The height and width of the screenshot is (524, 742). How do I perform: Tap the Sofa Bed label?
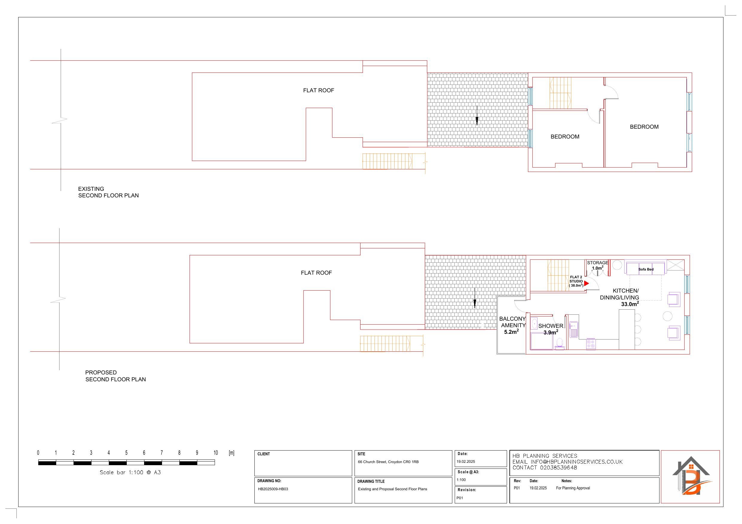point(646,269)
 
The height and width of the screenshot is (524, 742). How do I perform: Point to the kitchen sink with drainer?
point(574,329)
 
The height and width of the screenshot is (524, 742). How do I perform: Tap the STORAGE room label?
point(598,263)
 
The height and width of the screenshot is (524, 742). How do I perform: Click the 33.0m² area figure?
point(630,304)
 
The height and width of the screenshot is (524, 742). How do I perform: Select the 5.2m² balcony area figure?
point(511,332)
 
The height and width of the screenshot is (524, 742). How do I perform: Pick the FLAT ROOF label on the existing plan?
point(318,90)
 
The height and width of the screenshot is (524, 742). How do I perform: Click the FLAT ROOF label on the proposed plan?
point(316,273)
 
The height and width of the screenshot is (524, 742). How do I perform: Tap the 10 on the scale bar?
point(216,453)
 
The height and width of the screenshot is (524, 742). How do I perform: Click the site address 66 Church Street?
point(388,462)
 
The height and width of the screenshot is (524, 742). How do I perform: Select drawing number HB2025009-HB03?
point(273,489)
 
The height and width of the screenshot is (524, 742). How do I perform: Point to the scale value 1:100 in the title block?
point(461,480)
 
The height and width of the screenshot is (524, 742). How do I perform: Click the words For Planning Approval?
point(573,488)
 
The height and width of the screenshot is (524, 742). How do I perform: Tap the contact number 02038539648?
point(558,468)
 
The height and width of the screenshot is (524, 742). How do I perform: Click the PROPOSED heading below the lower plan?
point(101,372)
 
